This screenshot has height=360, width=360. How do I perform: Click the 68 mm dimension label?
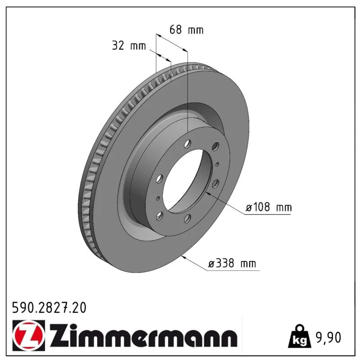[186, 30]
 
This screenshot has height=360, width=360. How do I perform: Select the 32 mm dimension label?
[129, 45]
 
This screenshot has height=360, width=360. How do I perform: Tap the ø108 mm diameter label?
[269, 207]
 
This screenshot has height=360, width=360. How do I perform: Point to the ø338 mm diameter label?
[232, 263]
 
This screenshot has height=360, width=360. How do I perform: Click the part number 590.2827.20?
[49, 308]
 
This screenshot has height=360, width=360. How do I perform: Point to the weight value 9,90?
[329, 337]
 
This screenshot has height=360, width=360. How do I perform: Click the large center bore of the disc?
[184, 180]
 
